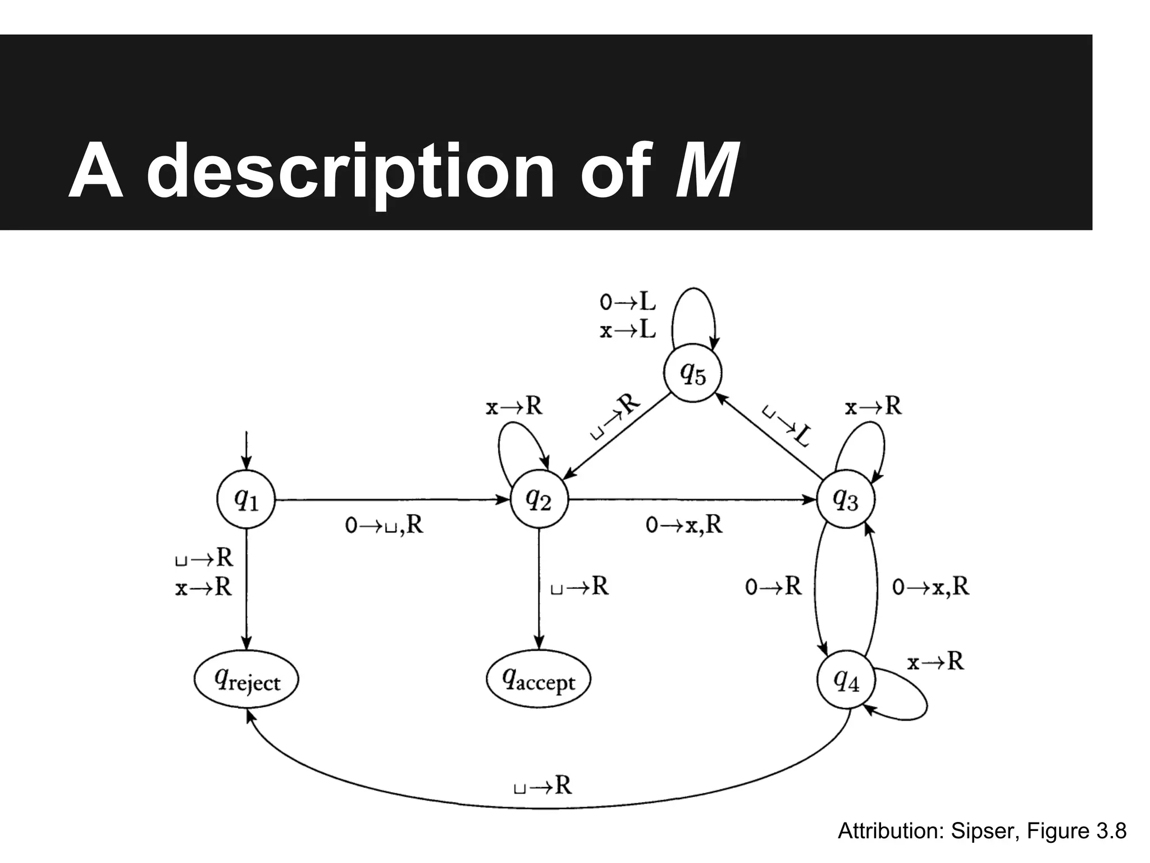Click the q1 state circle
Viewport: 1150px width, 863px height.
point(246,499)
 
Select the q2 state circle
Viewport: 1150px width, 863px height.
point(539,499)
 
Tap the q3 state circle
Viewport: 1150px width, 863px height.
point(845,499)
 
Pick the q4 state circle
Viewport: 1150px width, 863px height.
point(845,681)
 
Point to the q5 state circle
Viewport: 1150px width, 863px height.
point(693,373)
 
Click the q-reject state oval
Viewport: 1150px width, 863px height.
point(246,681)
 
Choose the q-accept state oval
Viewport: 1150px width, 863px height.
point(539,681)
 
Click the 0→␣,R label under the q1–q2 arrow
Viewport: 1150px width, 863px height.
point(384,525)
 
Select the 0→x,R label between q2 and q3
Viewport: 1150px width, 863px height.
point(684,525)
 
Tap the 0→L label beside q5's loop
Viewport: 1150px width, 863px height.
point(627,303)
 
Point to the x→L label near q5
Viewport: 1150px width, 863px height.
point(627,330)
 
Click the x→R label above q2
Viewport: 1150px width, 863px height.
point(514,406)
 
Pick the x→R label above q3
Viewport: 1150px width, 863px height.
point(873,406)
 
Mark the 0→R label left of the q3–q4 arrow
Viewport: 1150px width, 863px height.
point(773,587)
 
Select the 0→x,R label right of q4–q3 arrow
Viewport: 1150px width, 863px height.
point(930,587)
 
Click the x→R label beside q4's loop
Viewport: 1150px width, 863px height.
point(935,662)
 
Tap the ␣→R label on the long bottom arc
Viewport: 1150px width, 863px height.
point(542,785)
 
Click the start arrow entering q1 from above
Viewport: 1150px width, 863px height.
point(246,449)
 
